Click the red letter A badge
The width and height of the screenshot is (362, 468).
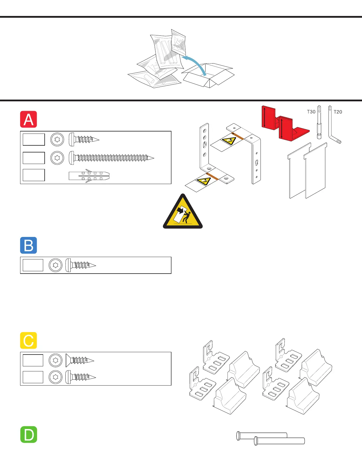click(28, 119)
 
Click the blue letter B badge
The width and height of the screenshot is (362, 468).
click(28, 245)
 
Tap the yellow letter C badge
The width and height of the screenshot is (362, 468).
click(28, 340)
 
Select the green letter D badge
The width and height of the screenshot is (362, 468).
click(29, 434)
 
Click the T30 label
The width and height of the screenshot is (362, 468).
click(311, 112)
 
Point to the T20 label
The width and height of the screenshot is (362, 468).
click(338, 112)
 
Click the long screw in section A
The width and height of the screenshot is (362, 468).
click(112, 158)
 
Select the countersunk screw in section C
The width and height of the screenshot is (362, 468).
click(80, 360)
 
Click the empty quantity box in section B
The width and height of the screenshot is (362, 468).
click(33, 265)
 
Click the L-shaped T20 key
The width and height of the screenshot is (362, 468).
click(334, 126)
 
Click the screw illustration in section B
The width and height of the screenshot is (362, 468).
click(81, 265)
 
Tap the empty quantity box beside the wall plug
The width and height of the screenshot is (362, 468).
click(34, 175)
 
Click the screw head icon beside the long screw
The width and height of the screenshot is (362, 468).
click(57, 158)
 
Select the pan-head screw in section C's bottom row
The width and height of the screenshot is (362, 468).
click(80, 377)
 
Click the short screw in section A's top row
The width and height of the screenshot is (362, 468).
click(84, 139)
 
